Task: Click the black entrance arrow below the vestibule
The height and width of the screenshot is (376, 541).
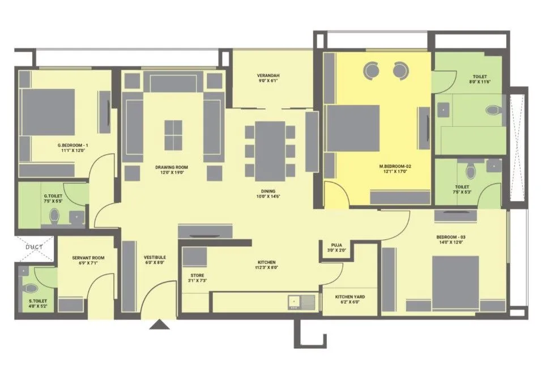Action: coord(160,324)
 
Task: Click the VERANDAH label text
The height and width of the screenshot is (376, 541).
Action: coord(268,76)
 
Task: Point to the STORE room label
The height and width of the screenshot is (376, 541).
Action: coord(197,276)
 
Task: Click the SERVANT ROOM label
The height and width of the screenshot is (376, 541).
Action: coord(86,258)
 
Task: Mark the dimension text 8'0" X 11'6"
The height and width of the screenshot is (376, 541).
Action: coord(479,83)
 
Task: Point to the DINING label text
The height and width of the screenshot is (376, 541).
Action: coord(268,191)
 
